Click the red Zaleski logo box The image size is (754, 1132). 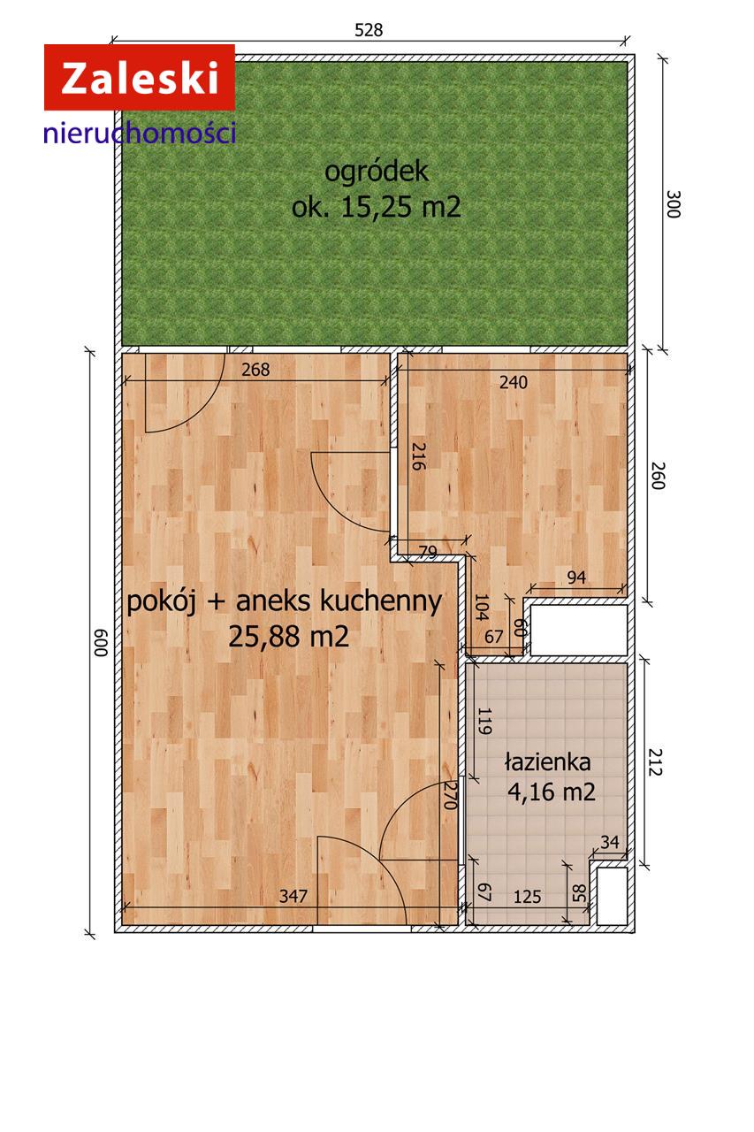pyautogui.click(x=139, y=78)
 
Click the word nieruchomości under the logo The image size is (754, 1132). pyautogui.click(x=139, y=134)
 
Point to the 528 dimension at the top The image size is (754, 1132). pyautogui.click(x=369, y=29)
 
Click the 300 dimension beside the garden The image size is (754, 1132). pyautogui.click(x=673, y=204)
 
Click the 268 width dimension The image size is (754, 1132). pyautogui.click(x=255, y=370)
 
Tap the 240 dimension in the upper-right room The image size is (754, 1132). pyautogui.click(x=513, y=382)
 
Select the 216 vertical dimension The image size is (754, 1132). pyautogui.click(x=418, y=455)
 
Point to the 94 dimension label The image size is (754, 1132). pyautogui.click(x=576, y=577)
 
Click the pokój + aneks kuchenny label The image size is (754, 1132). pyautogui.click(x=285, y=601)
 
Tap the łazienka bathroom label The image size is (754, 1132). pyautogui.click(x=548, y=761)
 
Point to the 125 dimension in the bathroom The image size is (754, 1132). pyautogui.click(x=527, y=897)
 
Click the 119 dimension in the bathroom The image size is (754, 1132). pyautogui.click(x=484, y=722)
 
